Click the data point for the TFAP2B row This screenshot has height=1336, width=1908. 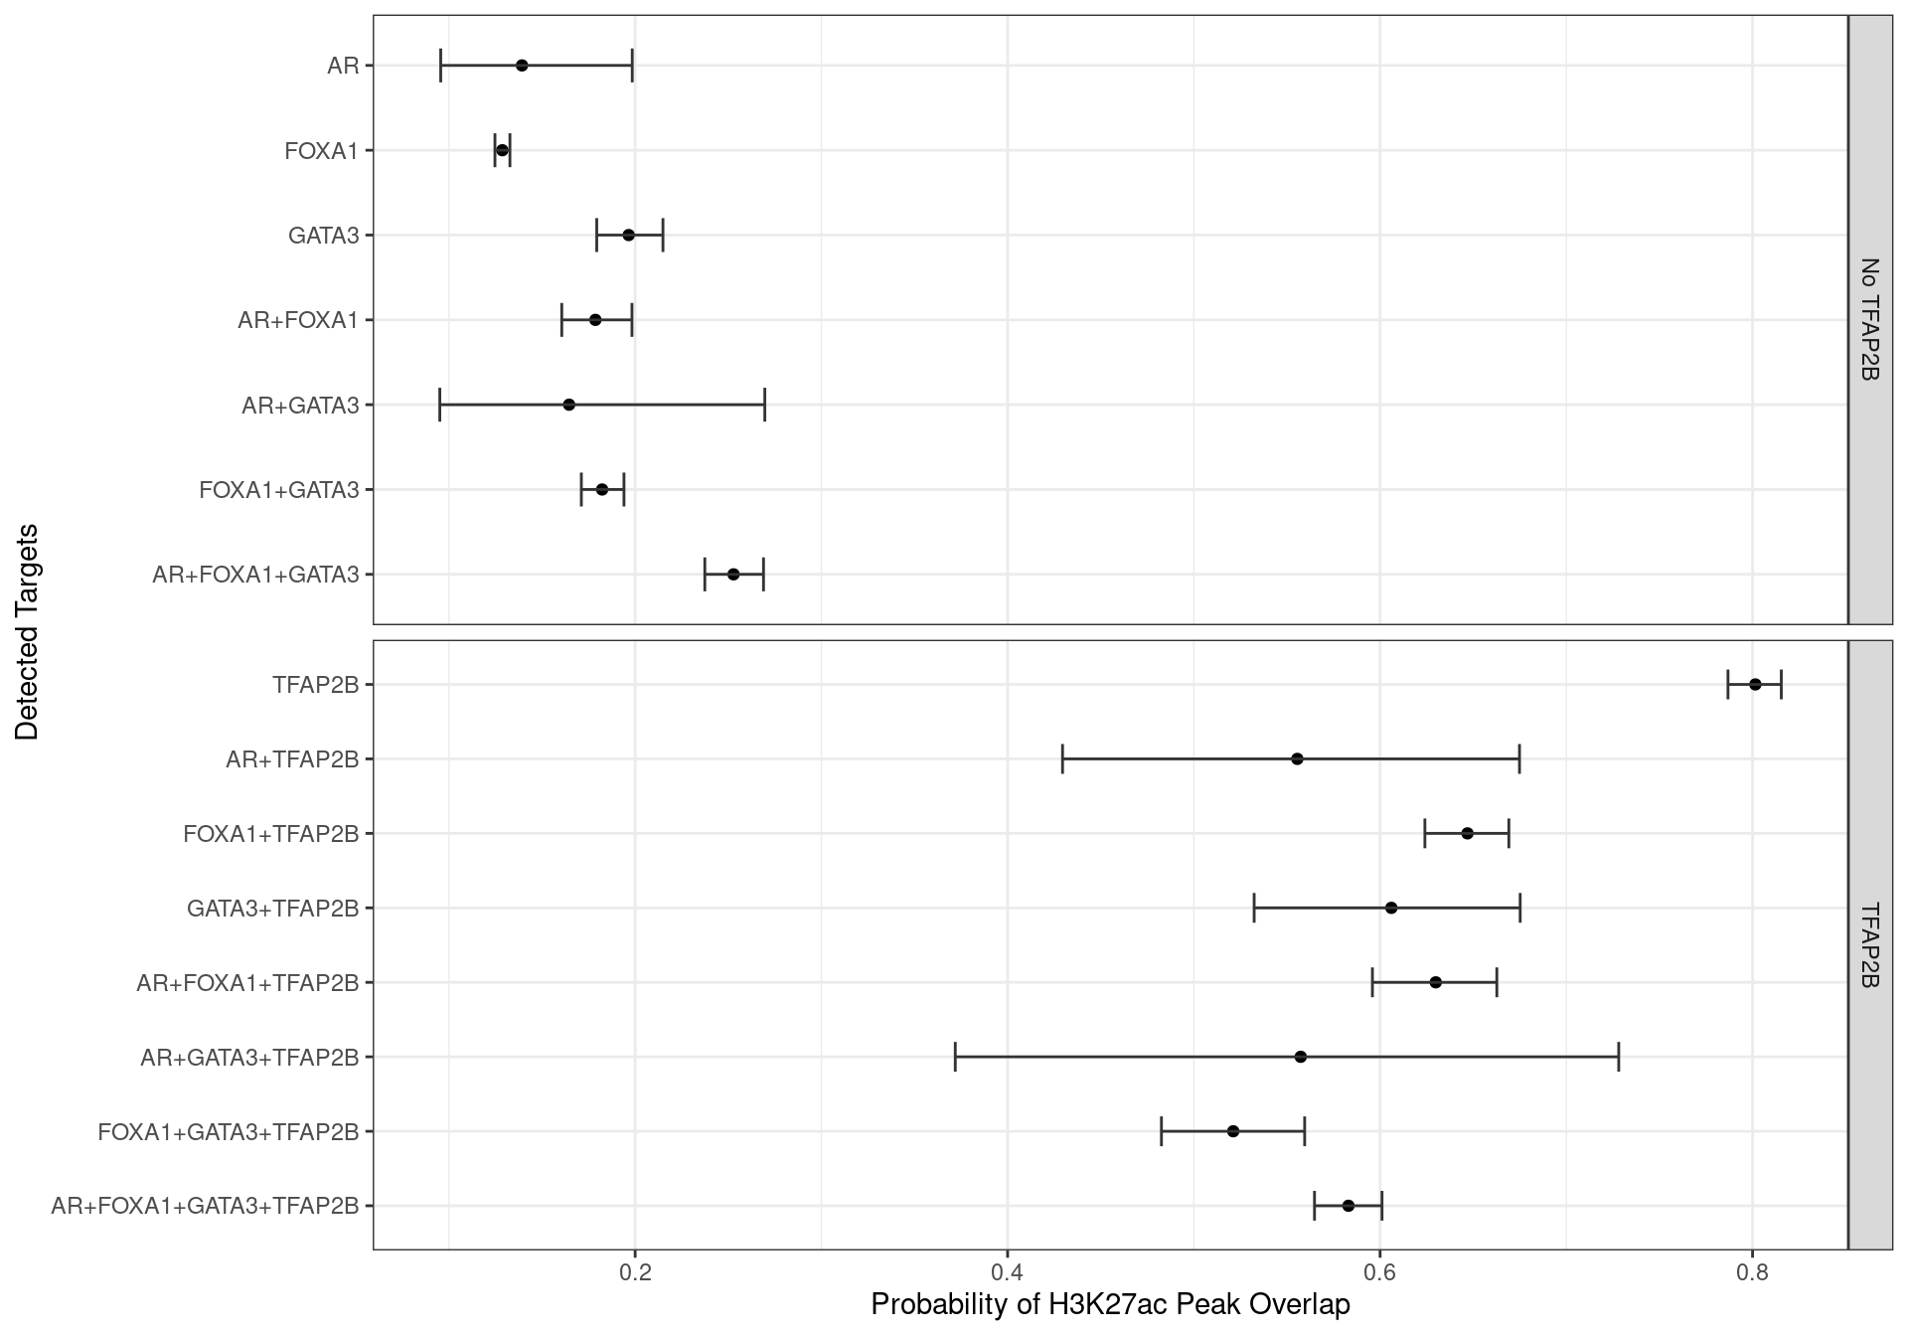(1755, 684)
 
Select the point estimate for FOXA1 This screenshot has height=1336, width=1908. (502, 150)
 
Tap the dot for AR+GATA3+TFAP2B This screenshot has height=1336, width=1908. (1301, 1057)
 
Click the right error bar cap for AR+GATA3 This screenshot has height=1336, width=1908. (764, 405)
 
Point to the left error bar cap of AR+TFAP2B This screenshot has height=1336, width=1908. (1062, 758)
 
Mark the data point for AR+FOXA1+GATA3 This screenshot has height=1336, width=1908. (733, 575)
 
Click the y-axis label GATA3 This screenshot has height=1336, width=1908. (323, 236)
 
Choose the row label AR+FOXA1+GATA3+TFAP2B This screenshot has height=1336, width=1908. (205, 1206)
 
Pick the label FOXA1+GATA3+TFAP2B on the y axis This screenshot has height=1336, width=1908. (228, 1131)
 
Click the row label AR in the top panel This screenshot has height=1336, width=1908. (343, 66)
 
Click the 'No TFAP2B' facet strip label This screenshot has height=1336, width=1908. (1869, 319)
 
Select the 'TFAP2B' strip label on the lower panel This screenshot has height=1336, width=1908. (1869, 944)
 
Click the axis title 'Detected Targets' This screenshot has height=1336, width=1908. (27, 632)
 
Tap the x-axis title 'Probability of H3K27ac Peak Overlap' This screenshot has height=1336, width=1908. (1110, 1305)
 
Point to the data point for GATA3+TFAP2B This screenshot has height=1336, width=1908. (1391, 908)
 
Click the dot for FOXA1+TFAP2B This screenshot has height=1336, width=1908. (1467, 833)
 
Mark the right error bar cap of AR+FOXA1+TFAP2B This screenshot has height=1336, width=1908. (1497, 982)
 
